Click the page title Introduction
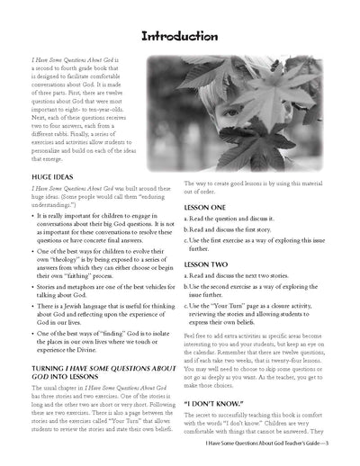[x=180, y=37]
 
